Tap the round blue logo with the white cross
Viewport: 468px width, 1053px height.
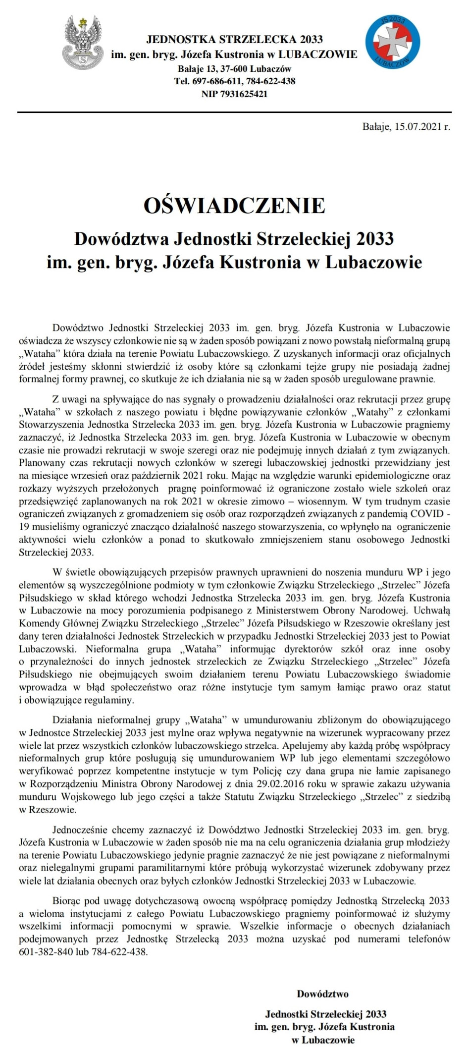(392, 42)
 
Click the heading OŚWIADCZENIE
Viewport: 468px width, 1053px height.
(234, 206)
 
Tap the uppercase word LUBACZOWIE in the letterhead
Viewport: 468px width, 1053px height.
(317, 55)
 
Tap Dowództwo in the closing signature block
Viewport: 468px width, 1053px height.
(322, 994)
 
